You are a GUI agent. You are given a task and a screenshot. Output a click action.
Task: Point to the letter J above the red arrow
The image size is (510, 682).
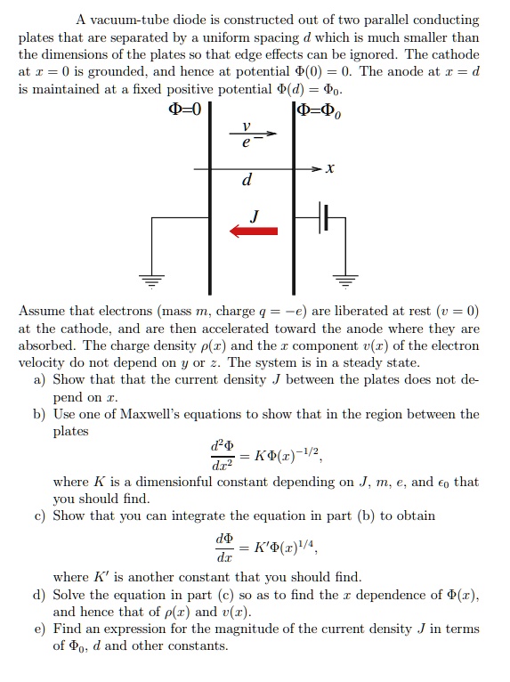coord(255,215)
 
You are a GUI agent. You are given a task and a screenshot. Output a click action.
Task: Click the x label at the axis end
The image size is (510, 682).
coord(329,167)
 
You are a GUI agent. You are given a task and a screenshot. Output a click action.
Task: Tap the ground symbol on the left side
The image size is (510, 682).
coord(151,278)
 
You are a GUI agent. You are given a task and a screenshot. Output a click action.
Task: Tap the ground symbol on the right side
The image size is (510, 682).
coord(344,278)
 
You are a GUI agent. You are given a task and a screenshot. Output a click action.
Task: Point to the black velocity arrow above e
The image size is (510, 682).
coord(257,134)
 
